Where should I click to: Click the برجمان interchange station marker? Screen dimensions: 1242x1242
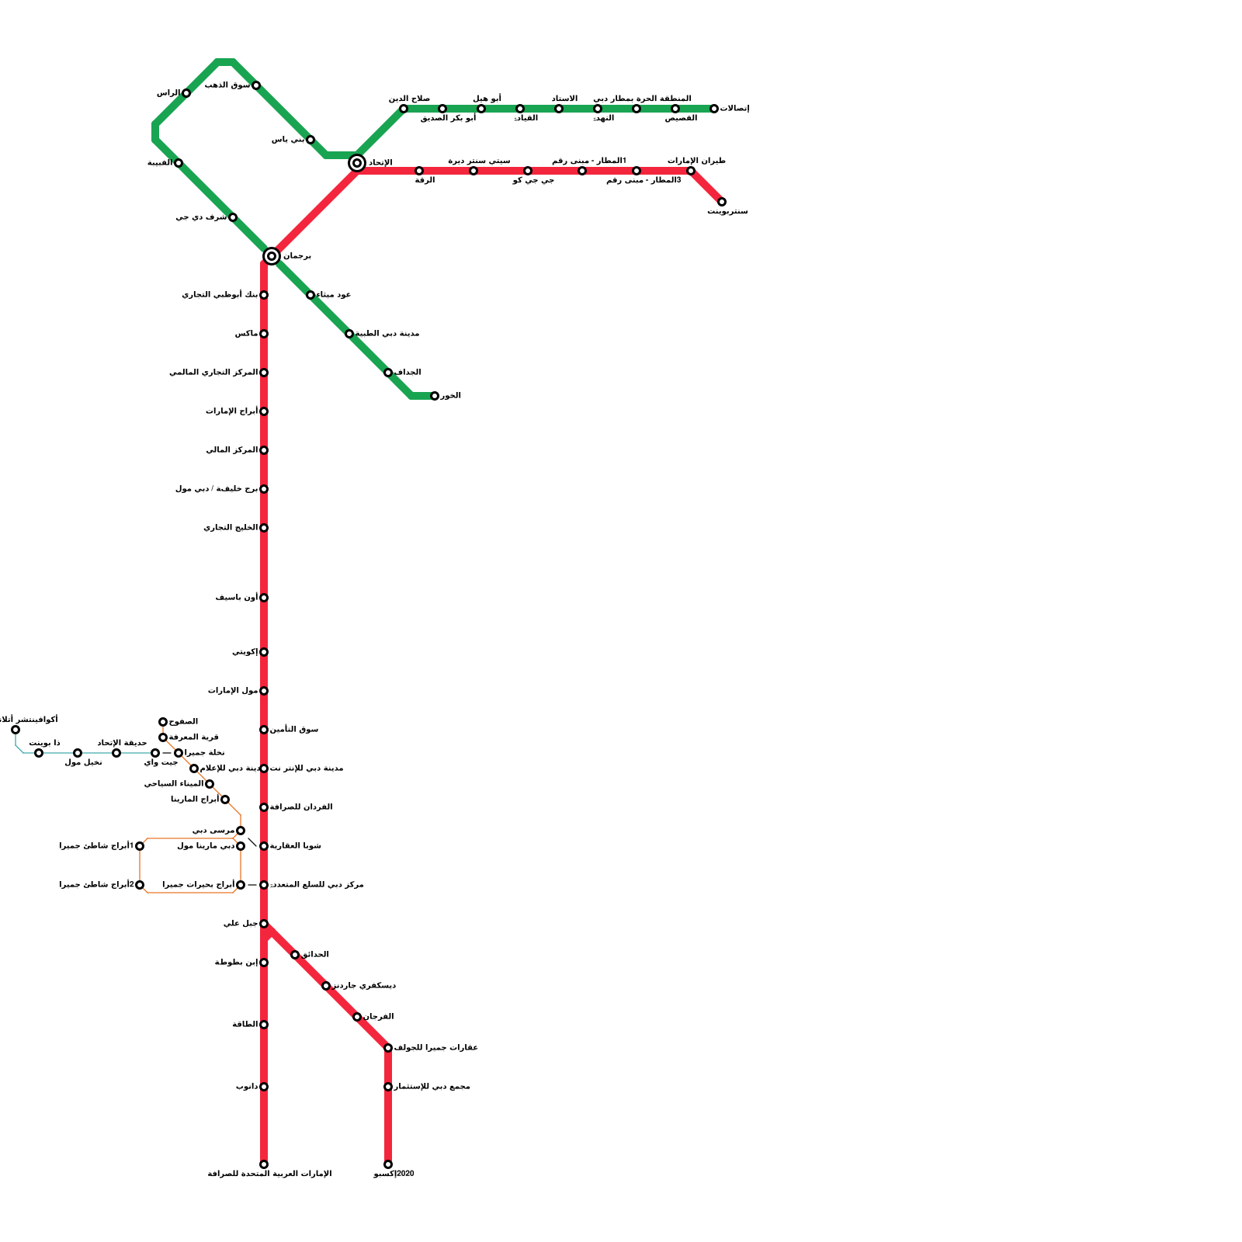271,256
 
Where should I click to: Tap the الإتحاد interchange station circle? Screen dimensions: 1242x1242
357,163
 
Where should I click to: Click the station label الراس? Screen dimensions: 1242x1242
168,93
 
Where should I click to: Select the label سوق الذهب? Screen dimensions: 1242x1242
227,85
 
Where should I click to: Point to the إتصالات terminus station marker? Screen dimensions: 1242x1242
714,109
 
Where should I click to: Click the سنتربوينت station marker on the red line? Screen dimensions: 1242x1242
722,202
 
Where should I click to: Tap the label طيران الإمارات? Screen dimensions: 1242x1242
696,161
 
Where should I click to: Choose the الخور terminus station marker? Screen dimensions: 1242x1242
435,396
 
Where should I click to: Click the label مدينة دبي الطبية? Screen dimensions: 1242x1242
387,334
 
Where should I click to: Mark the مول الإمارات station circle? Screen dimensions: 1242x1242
264,691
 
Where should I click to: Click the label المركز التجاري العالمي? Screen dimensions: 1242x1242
213,373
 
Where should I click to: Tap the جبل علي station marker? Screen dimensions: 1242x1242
264,924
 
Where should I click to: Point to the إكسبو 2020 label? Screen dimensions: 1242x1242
394,1174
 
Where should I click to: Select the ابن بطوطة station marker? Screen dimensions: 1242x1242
264,963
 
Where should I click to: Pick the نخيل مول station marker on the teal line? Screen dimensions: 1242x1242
78,753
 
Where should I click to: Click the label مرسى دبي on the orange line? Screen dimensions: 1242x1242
213,831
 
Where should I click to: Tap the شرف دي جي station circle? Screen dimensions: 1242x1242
233,217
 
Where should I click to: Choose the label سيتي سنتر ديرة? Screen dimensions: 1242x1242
479,161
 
